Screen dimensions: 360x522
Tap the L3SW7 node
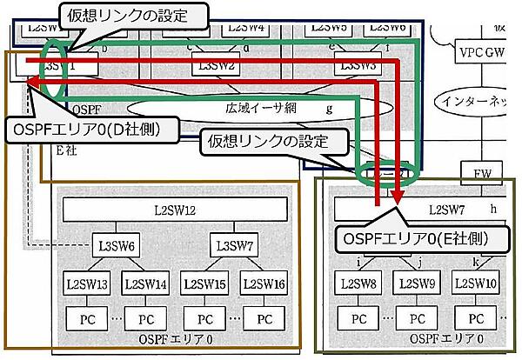tap(233, 245)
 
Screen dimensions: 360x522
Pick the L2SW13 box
tap(87, 283)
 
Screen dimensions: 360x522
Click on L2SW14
tap(145, 283)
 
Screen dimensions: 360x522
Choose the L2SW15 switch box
tap(205, 283)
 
